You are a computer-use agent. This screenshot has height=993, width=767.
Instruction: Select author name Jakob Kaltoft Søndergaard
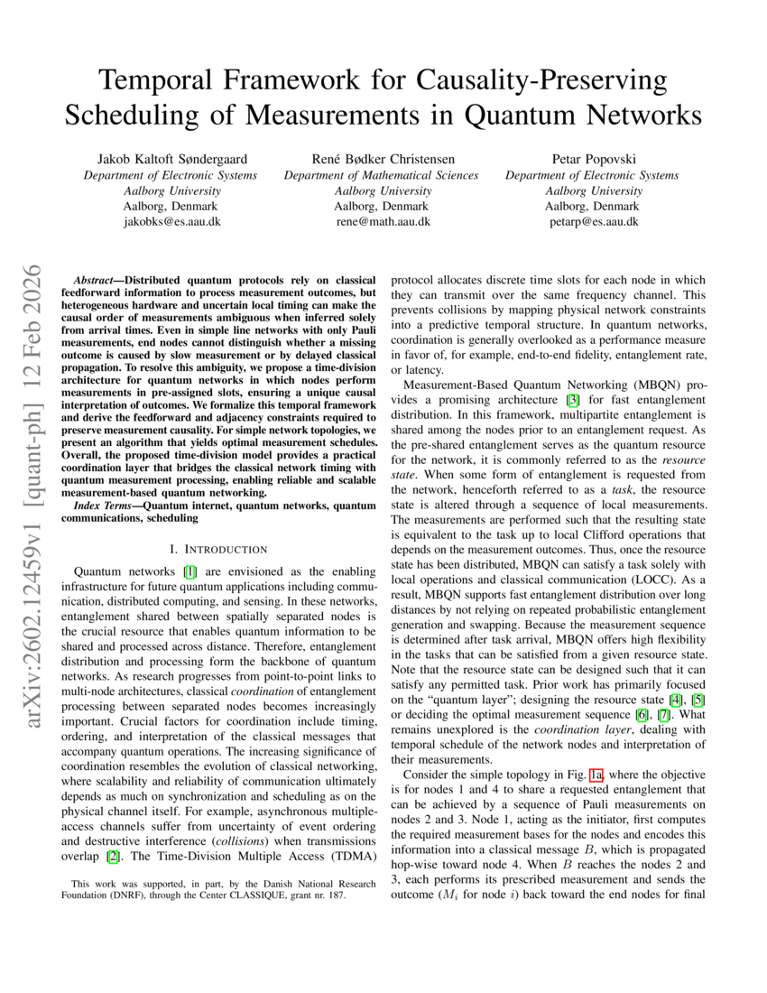pyautogui.click(x=171, y=160)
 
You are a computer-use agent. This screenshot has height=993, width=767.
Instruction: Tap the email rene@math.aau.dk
pyautogui.click(x=383, y=222)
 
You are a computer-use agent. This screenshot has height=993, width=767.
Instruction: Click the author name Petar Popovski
pyautogui.click(x=593, y=160)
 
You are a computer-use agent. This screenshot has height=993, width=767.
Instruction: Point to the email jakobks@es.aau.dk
pyautogui.click(x=171, y=222)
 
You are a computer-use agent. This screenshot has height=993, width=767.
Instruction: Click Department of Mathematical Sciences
pyautogui.click(x=382, y=176)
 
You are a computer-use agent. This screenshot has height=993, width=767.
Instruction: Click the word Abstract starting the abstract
pyautogui.click(x=96, y=269)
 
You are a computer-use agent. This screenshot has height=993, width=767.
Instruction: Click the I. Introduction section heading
pyautogui.click(x=218, y=549)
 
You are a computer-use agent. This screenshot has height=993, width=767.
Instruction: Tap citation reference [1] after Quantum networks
pyautogui.click(x=189, y=571)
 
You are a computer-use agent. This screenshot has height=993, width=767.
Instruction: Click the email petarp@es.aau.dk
pyautogui.click(x=593, y=222)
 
